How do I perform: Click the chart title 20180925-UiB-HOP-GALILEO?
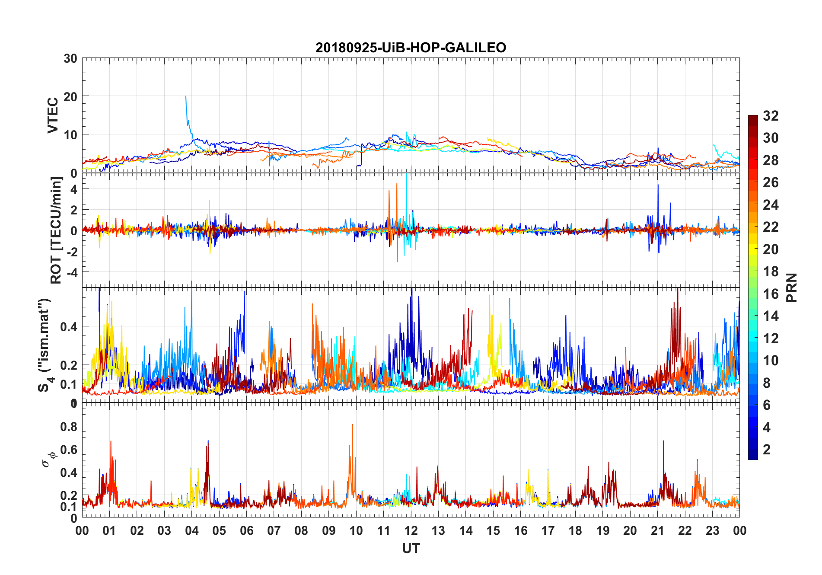click(411, 48)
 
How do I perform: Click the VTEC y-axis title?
click(53, 115)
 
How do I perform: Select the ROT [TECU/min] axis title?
click(56, 230)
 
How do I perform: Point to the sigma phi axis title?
click(49, 459)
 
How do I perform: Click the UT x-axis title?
click(411, 549)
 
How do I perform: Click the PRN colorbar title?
click(792, 287)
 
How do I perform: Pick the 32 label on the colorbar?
click(771, 116)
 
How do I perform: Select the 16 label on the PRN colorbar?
click(771, 294)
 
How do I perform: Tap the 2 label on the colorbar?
click(767, 450)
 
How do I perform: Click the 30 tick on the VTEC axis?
click(70, 59)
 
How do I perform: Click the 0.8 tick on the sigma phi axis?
click(69, 427)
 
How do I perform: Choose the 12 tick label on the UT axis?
click(411, 531)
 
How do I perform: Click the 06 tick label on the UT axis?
click(246, 531)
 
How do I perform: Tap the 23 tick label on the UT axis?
click(712, 531)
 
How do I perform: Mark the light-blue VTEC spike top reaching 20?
click(186, 96)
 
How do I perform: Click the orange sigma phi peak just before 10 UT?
click(352, 425)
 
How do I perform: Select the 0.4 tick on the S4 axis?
click(69, 327)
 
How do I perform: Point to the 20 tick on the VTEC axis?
click(70, 97)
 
